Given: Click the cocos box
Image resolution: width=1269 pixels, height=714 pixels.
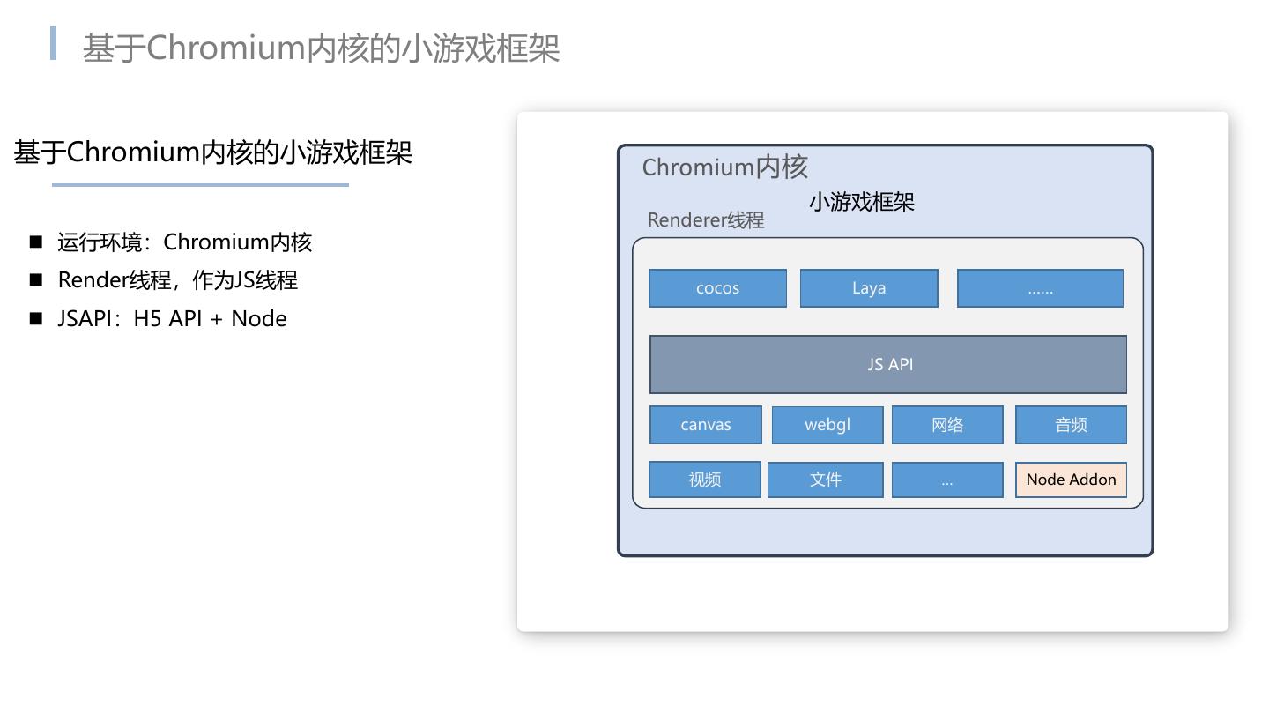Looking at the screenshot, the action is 717,288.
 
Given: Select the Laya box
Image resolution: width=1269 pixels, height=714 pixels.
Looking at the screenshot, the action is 869,288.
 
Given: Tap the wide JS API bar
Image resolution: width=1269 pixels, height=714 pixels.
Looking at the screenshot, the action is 888,364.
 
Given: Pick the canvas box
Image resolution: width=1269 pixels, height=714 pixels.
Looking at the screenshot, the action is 706,425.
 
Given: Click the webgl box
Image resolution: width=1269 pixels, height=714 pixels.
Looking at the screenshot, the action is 827,425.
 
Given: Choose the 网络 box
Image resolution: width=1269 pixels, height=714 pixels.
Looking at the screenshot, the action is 947,425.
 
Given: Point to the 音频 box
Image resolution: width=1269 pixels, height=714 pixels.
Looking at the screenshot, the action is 1071,425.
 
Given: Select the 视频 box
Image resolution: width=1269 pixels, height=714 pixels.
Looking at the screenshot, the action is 705,480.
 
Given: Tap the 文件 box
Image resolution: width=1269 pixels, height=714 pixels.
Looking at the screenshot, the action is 826,480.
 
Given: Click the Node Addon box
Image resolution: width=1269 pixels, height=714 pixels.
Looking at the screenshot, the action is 1071,480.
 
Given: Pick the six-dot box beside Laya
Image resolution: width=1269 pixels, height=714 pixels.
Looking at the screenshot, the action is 1040,288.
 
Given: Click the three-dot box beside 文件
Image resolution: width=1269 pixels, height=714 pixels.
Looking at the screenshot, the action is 947,480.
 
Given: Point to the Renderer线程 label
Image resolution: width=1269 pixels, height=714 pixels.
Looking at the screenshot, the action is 706,220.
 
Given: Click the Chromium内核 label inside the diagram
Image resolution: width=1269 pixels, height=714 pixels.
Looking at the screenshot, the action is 724,167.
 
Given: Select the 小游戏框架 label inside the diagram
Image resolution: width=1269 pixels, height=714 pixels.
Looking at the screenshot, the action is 862,202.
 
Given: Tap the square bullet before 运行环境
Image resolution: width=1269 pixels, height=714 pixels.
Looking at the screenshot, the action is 36,242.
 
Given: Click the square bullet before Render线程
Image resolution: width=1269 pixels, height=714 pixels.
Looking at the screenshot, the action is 36,279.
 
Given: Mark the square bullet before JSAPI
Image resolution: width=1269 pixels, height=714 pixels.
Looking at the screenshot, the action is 36,318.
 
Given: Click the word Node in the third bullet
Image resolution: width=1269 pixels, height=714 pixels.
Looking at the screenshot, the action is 259,318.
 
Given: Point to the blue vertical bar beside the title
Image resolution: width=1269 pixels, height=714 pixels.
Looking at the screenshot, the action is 54,43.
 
